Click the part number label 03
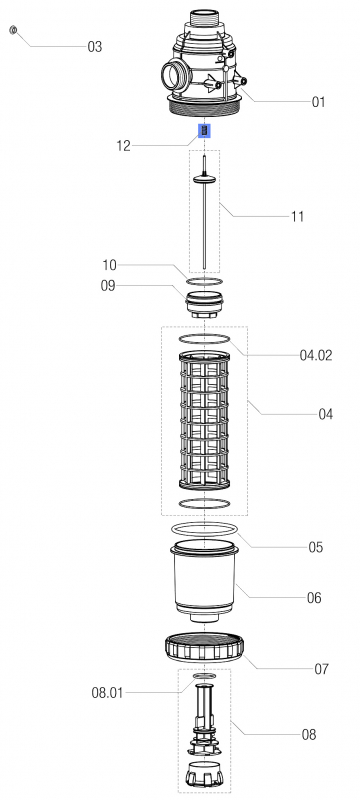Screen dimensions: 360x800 [x=95, y=47]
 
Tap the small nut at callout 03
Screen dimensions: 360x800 [x=13, y=30]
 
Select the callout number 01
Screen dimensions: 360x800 [x=318, y=102]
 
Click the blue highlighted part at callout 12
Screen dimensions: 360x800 [x=204, y=131]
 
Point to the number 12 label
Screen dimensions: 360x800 [x=123, y=146]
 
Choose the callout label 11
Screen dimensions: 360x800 [x=297, y=217]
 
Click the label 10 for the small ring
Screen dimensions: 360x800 [x=109, y=265]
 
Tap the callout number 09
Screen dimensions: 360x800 [x=108, y=286]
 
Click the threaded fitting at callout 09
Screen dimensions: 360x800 [x=204, y=304]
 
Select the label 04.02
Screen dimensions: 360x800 [x=316, y=355]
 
